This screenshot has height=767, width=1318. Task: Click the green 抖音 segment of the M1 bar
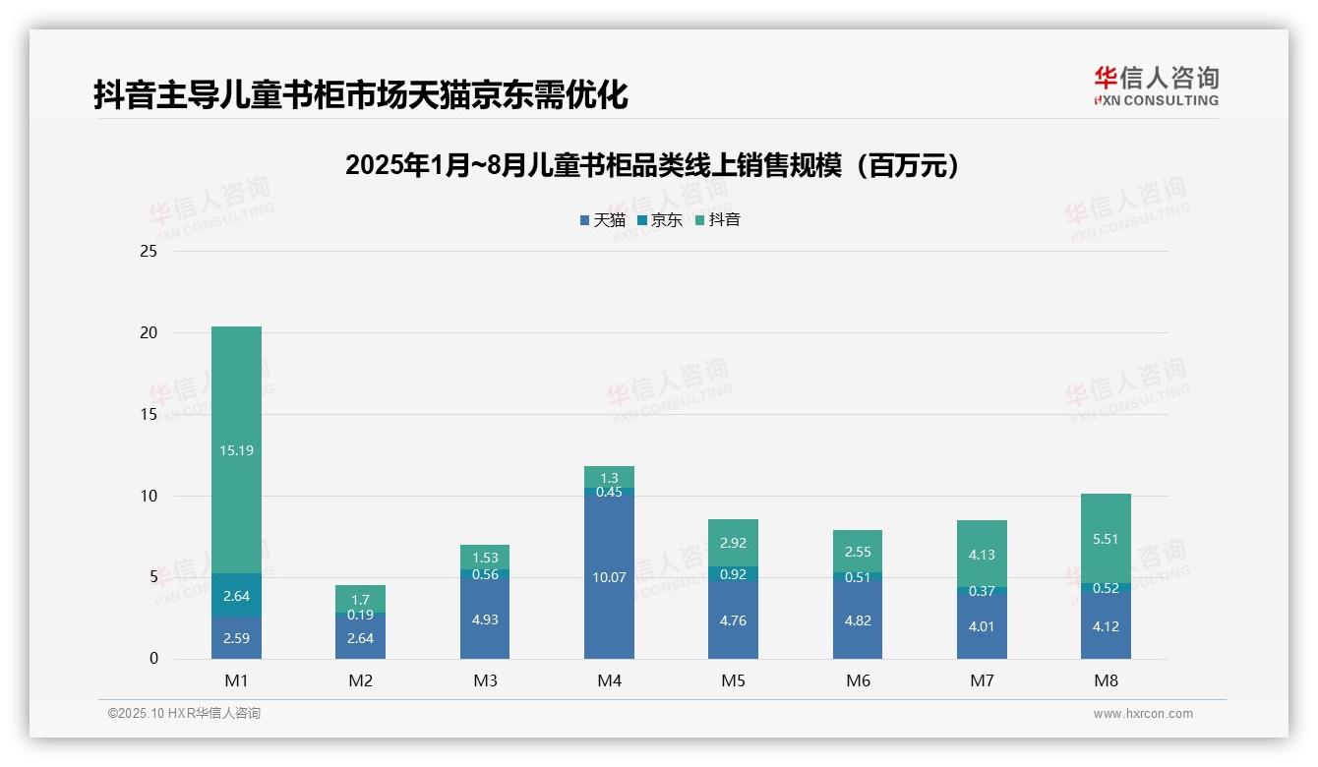236,449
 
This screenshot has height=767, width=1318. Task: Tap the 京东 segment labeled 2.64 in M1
236,595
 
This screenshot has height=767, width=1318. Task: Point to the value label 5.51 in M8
1106,539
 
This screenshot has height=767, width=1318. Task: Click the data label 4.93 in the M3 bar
485,619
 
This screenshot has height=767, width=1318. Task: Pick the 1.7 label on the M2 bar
360,599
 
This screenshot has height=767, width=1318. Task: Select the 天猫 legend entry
602,220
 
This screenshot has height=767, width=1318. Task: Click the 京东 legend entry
660,220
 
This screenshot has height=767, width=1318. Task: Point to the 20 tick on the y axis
149,332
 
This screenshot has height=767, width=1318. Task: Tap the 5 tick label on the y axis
152,577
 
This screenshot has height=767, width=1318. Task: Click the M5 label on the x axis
733,680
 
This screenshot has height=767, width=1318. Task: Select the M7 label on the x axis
982,680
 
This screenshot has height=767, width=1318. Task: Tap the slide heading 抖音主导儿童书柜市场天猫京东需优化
360,95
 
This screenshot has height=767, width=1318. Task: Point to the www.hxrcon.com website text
1142,714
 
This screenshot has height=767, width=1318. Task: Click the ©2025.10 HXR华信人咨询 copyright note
184,714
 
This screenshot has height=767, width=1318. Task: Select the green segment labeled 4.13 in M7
982,554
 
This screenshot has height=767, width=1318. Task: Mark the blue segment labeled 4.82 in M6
858,619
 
